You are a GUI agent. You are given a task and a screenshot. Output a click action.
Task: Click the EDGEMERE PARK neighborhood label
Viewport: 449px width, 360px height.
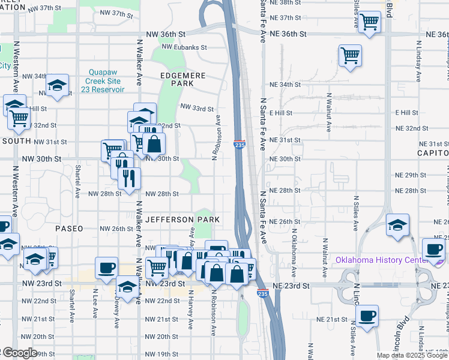click(x=183, y=80)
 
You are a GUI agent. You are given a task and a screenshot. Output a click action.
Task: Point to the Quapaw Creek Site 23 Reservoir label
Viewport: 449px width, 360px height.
click(x=105, y=80)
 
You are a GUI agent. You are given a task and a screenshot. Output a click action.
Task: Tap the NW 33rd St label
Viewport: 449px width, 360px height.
click(x=197, y=109)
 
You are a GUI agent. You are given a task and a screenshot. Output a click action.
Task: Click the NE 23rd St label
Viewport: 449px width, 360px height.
click(x=290, y=286)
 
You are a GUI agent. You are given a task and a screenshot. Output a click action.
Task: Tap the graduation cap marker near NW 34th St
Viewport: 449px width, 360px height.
click(x=58, y=85)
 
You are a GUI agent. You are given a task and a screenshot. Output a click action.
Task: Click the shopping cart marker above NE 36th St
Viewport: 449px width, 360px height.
click(x=370, y=23)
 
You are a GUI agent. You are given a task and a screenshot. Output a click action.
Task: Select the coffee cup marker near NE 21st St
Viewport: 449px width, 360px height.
click(x=367, y=315)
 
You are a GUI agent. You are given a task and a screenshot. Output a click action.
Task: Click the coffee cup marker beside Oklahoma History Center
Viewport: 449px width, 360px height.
click(x=433, y=249)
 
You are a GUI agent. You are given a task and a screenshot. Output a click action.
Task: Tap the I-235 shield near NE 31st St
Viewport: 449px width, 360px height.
click(x=240, y=144)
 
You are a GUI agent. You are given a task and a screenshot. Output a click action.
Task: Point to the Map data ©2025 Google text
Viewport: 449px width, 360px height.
click(x=412, y=355)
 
